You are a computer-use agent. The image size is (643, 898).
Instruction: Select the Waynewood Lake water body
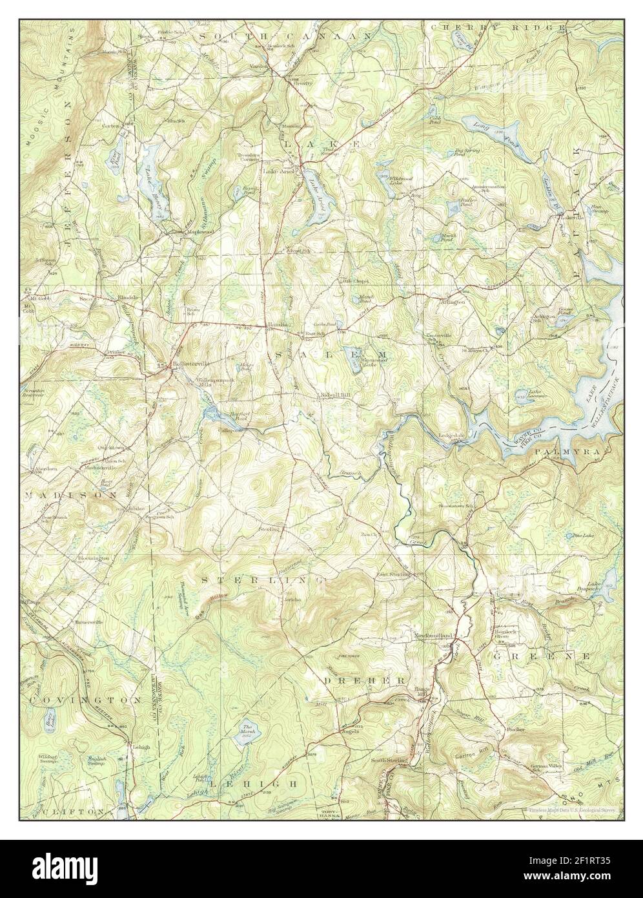point(354,366)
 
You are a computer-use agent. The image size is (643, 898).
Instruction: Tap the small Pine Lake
point(573,536)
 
